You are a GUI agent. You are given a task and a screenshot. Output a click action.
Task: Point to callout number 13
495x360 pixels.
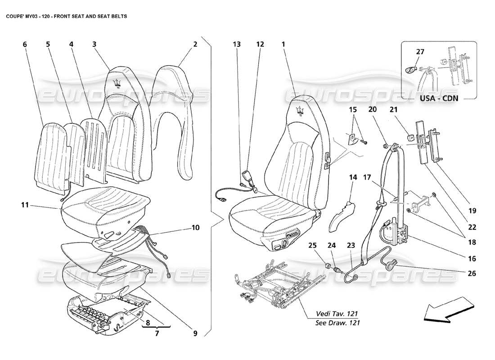tap(237, 44)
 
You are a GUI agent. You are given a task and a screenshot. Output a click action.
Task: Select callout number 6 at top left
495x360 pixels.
tap(25, 44)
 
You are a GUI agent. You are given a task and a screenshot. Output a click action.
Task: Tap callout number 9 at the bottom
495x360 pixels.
tap(195, 333)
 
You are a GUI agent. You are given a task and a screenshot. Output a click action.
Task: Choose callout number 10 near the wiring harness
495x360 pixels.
tap(194, 228)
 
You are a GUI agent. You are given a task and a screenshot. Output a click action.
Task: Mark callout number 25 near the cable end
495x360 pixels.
tap(312, 245)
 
